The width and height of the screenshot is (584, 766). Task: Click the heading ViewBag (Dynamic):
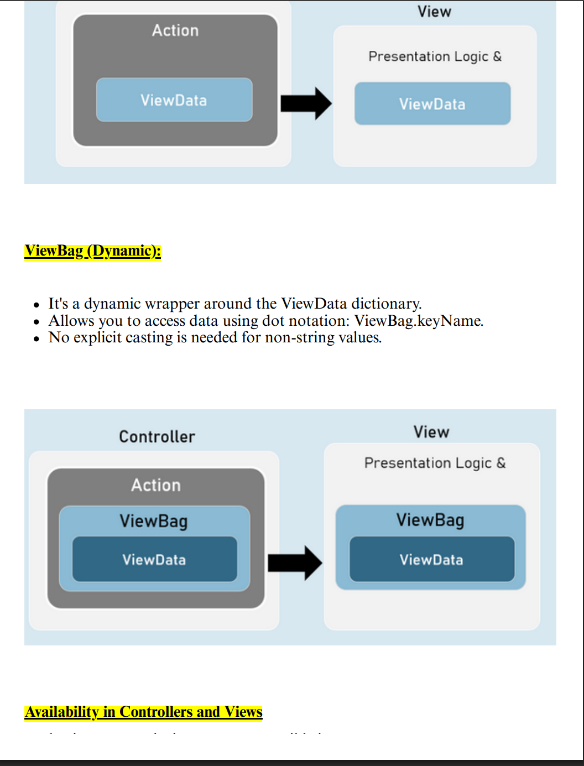[92, 251]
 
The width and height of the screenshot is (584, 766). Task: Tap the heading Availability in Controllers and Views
[143, 712]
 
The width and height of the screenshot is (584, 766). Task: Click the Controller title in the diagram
[157, 437]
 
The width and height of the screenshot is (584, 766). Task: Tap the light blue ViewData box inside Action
[174, 100]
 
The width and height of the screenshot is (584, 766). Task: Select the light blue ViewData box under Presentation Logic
[432, 104]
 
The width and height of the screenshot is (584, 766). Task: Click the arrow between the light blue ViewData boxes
[306, 103]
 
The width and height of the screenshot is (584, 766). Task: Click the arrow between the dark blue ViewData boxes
[295, 563]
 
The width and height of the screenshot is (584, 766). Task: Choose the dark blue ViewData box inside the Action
[154, 560]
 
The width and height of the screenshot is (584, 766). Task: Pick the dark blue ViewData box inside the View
[431, 560]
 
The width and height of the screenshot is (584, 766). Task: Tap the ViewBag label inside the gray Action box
[154, 521]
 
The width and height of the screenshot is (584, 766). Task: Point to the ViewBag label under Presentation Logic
[430, 520]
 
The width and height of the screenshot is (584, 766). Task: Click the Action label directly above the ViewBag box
[156, 486]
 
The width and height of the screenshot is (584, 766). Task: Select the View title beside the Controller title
[431, 432]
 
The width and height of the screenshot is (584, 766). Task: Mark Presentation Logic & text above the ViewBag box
[435, 463]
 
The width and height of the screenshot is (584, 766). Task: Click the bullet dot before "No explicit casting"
[36, 338]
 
